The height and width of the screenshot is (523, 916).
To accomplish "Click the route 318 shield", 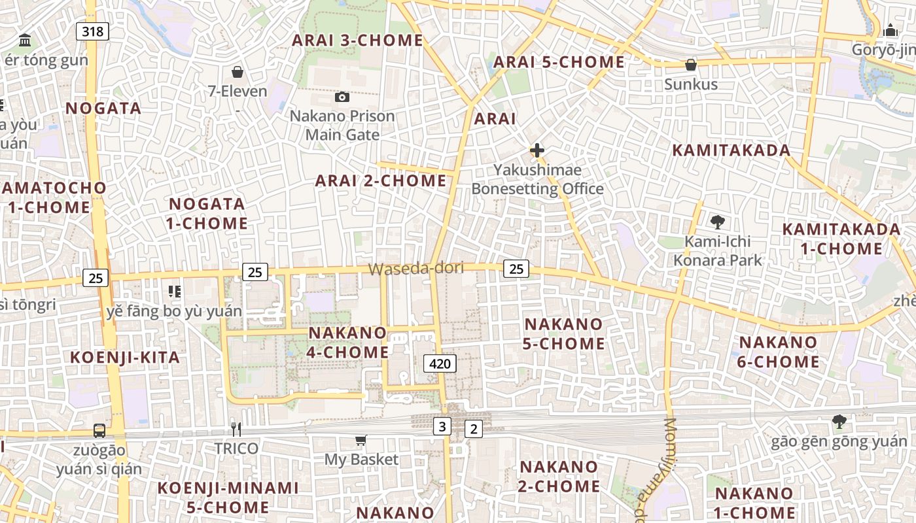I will coord(92,31).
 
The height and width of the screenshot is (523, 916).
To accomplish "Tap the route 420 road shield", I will coord(440,363).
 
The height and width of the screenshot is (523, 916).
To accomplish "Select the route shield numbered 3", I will coord(442,427).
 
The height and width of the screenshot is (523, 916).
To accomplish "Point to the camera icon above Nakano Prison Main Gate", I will coord(342,97).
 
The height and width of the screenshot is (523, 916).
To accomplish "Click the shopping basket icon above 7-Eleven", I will coord(238,71).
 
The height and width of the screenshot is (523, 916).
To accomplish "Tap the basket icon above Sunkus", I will coord(690,65).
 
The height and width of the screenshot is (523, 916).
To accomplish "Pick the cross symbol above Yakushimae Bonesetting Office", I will coord(537,150).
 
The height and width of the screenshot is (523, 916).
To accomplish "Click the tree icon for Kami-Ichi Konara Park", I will coord(718,222).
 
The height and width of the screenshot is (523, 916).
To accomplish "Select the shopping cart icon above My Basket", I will coord(361,440).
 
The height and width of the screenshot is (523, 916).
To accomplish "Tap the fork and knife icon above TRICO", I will coord(236,429).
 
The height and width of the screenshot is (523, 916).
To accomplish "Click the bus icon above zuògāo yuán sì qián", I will coord(99,431).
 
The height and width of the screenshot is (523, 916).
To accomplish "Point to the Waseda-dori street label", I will coord(415,269).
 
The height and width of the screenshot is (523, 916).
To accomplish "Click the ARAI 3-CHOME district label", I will coord(357,40).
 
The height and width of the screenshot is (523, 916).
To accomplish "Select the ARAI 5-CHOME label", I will coord(559,62).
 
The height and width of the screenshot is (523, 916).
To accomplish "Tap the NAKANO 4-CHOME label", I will coord(347,343).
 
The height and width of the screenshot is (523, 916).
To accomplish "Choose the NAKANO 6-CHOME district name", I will coord(779,352).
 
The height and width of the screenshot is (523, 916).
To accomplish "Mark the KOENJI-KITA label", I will coord(124,358).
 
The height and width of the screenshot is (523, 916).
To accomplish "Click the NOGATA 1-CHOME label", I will coord(206,214).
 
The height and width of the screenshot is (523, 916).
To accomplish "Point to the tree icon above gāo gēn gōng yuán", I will coord(839,422).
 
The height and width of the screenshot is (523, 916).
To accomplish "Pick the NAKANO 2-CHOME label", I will coord(559,477).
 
